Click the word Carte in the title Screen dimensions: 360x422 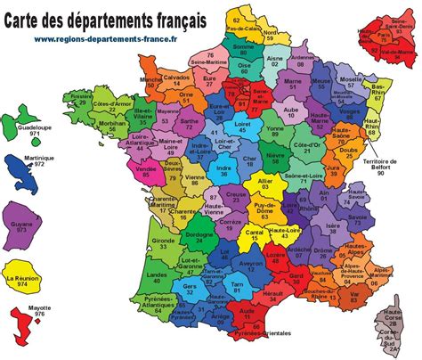30,16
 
